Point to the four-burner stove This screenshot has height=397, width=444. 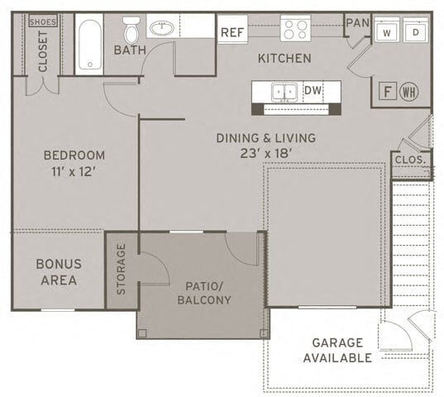pyautogui.click(x=295, y=30)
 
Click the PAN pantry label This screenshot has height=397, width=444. pyautogui.click(x=357, y=23)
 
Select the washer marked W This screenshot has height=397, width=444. pyautogui.click(x=387, y=33)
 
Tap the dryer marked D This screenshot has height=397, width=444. pyautogui.click(x=417, y=33)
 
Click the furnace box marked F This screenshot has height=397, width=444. pyautogui.click(x=385, y=92)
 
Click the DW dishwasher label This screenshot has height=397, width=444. pyautogui.click(x=313, y=90)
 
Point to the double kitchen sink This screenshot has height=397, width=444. pyautogui.click(x=284, y=92)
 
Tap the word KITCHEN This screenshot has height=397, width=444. pyautogui.click(x=284, y=59)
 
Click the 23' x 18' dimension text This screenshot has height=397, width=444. pyautogui.click(x=265, y=153)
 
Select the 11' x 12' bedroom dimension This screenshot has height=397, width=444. pyautogui.click(x=74, y=171)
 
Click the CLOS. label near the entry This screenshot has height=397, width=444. pyautogui.click(x=409, y=159)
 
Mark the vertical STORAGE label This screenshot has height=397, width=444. pyautogui.click(x=122, y=269)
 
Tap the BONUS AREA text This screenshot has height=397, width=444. pyautogui.click(x=58, y=272)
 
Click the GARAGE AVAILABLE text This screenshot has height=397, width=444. pyautogui.click(x=337, y=350)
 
